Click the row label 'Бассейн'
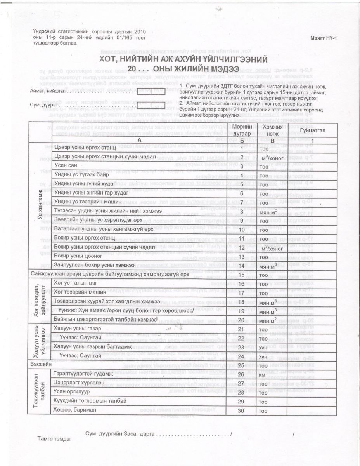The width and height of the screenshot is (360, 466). [x=41, y=365]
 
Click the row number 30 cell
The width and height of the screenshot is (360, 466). [x=242, y=410]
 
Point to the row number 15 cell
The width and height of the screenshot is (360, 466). [x=242, y=274]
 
